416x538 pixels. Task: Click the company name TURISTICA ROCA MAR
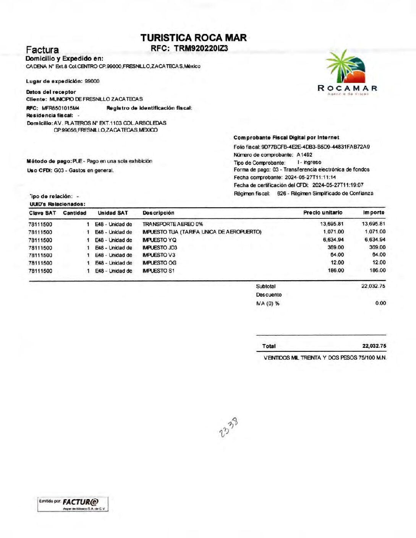(193, 38)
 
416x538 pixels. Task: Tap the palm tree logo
(345, 67)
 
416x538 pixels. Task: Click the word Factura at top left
(42, 50)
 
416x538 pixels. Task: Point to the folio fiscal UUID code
(316, 147)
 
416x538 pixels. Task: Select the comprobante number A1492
(304, 155)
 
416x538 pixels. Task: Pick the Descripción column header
(158, 213)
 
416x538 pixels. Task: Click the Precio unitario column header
(323, 212)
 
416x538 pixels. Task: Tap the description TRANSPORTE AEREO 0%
(173, 224)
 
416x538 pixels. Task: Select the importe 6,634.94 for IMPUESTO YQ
(375, 239)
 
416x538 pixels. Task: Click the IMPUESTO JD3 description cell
(160, 247)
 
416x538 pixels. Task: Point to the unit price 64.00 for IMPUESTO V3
(337, 255)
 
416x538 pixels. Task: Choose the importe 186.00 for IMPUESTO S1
(377, 270)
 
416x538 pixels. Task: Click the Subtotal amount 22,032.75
(373, 286)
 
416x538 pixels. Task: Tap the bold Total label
(269, 346)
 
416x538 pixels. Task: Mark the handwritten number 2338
(229, 427)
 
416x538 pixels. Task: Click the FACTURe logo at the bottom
(81, 502)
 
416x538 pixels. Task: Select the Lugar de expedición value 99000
(92, 81)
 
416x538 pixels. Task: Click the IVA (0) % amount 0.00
(380, 303)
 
